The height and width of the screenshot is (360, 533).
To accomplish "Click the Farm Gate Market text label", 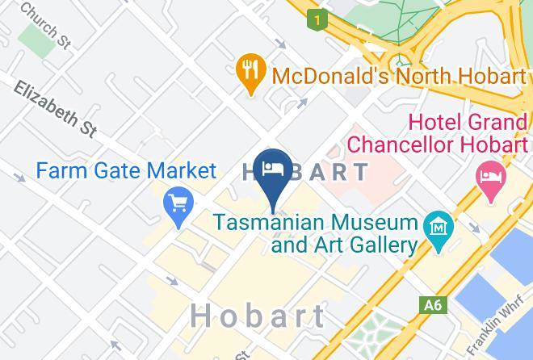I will pos(127,170).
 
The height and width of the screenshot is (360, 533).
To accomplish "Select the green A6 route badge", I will pos(433,305).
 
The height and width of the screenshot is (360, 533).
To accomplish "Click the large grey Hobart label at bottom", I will pos(259,316).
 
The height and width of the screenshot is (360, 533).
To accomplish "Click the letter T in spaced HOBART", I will pos(358,171).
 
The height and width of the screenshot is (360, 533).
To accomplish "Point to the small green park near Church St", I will pos(35,36).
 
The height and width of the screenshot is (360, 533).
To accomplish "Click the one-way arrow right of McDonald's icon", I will pos(301,103).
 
